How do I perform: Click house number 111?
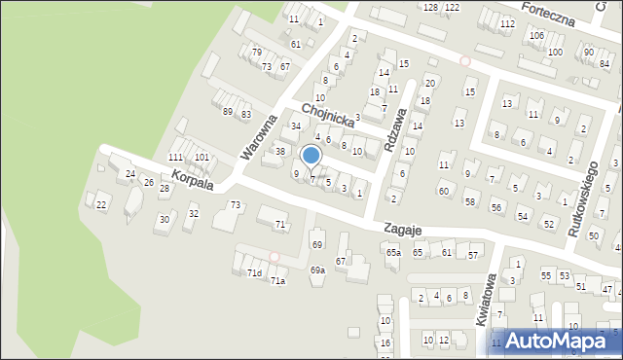(x=175, y=158)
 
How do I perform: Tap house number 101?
(x=202, y=158)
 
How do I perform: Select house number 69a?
(x=317, y=270)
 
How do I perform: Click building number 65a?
(x=392, y=253)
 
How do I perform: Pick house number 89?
(x=228, y=113)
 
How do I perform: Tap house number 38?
(x=280, y=152)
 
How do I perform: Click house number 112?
(x=507, y=23)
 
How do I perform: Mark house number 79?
(x=257, y=53)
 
